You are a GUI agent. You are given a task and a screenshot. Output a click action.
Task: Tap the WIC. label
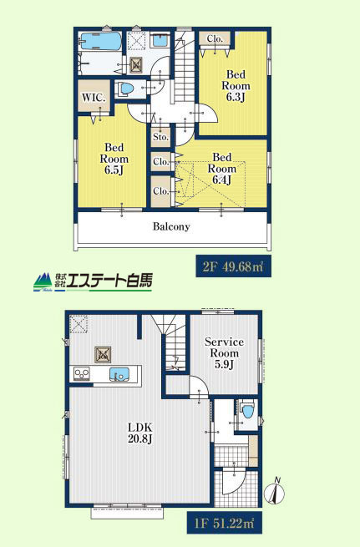[94, 98]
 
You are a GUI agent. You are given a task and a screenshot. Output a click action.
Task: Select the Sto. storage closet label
[161, 137]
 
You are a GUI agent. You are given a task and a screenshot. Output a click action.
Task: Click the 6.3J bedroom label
[236, 85]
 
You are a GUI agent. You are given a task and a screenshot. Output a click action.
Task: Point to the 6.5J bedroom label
[114, 159]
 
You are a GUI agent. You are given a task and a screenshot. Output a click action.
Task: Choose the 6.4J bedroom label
[222, 168]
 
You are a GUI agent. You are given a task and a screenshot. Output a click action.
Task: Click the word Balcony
[171, 226]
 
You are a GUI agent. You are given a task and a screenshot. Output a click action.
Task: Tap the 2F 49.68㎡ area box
[233, 267]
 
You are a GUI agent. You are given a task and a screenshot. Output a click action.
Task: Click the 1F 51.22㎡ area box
[224, 523]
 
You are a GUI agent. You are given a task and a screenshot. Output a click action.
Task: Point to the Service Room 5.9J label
[224, 352]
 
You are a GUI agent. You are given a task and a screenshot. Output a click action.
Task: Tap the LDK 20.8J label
[139, 433]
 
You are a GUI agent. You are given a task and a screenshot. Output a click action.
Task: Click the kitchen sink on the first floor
[119, 375]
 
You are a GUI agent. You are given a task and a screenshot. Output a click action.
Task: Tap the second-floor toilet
[125, 89]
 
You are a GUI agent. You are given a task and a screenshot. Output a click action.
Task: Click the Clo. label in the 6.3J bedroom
[215, 38]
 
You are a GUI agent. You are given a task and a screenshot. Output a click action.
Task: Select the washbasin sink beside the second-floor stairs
[160, 41]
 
